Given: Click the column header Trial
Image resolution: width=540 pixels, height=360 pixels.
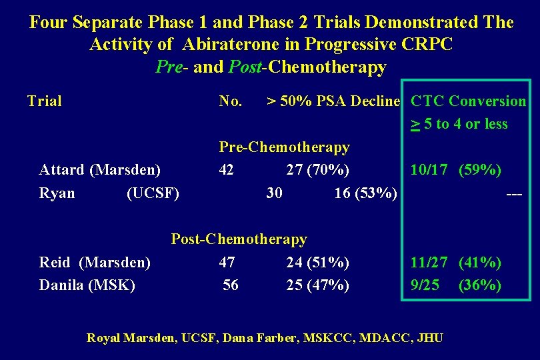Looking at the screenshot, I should (x=44, y=101).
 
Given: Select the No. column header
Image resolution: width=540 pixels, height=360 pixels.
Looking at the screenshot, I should (x=231, y=101).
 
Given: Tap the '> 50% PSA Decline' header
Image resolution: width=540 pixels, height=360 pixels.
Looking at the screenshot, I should (x=333, y=101).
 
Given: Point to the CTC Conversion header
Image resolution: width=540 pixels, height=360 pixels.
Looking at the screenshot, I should (x=468, y=101).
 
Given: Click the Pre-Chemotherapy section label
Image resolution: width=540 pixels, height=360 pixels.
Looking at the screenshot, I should (x=284, y=147).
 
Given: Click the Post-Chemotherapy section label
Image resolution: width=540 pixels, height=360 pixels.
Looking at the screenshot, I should (x=239, y=239).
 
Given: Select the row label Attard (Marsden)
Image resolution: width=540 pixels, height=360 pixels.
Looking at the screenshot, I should (x=100, y=170).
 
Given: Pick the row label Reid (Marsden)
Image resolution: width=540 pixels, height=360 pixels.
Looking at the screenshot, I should (x=95, y=262).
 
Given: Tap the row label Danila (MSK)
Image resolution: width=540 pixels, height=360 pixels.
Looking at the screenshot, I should (x=87, y=285).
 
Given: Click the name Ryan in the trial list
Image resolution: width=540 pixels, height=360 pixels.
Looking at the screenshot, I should (x=57, y=193).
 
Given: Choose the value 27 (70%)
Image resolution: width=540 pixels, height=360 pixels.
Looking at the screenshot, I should (x=317, y=170).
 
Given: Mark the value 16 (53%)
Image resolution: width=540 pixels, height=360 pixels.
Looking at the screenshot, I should (x=365, y=193).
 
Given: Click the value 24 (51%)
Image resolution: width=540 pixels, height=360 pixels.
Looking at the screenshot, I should (x=317, y=262).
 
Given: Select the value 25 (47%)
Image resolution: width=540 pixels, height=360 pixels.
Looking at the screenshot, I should (x=317, y=285).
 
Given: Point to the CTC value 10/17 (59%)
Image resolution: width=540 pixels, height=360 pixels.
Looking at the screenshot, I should (x=456, y=170).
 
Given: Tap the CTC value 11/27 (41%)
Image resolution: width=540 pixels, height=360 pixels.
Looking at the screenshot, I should (x=456, y=262).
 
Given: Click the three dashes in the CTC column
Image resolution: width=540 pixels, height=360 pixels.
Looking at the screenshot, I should (x=514, y=193).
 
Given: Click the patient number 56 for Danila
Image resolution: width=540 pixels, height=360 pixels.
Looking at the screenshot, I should (x=231, y=285).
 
